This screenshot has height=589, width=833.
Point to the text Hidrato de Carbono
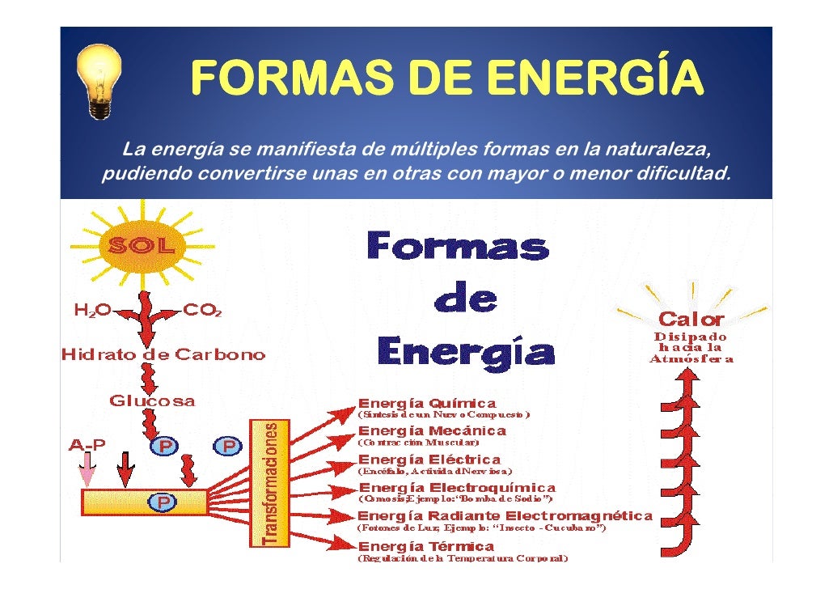163,355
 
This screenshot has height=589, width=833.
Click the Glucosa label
152,400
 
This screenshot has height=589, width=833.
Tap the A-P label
87,445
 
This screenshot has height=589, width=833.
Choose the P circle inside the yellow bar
163,502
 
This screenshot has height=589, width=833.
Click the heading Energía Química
427,403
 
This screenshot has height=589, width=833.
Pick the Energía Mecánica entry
432,431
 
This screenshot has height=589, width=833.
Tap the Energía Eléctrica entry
429,460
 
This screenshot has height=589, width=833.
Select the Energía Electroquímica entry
457,488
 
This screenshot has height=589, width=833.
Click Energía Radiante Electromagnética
505,515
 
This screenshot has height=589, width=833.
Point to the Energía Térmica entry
426,546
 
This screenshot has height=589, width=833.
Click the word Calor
691,319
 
